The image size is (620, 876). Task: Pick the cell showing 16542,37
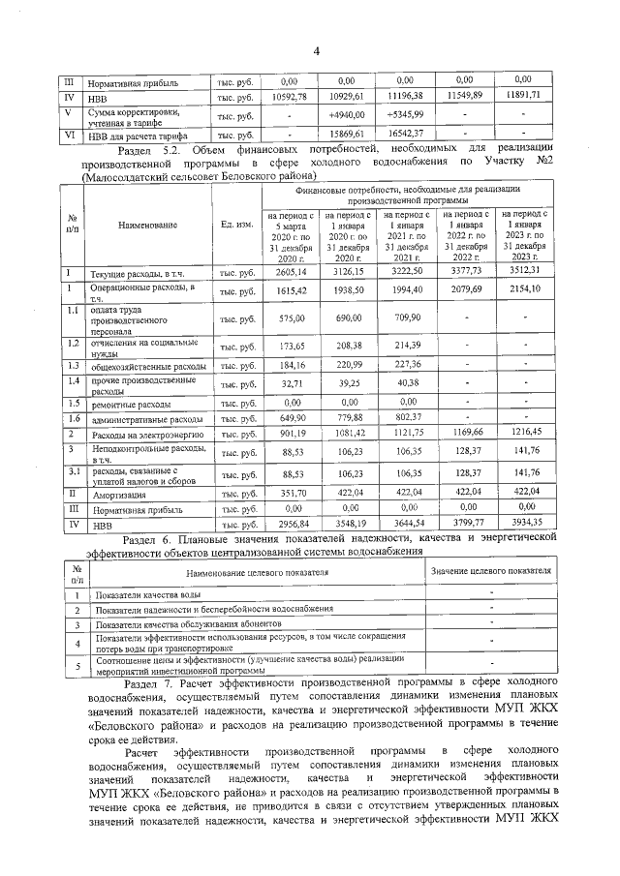[404, 135]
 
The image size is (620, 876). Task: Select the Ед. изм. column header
[237, 225]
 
